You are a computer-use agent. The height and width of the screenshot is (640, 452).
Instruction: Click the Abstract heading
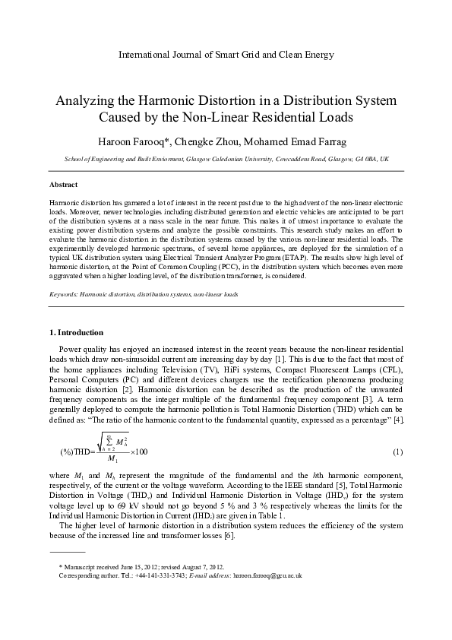(63, 185)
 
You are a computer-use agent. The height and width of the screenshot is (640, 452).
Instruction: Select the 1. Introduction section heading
(76, 333)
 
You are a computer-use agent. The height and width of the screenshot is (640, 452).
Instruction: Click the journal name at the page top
(226, 55)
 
